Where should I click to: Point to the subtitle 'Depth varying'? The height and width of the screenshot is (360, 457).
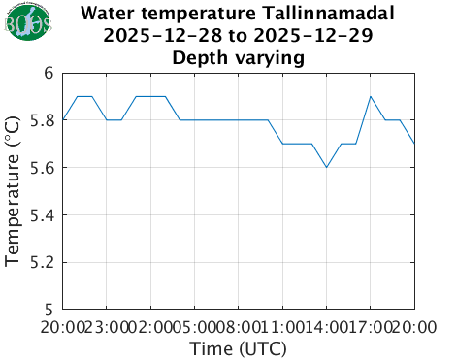(x=239, y=57)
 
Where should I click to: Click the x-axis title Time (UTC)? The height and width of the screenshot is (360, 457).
(x=239, y=347)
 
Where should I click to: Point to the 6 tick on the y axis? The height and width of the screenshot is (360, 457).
(x=49, y=74)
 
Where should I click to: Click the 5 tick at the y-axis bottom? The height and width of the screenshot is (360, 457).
(x=49, y=310)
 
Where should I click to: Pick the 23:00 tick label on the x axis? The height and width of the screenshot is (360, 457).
(x=107, y=326)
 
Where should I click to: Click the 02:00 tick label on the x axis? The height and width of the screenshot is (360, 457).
(x=151, y=326)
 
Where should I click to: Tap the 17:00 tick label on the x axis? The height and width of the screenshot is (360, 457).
(x=371, y=326)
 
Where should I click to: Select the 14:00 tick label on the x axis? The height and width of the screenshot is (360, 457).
(x=327, y=326)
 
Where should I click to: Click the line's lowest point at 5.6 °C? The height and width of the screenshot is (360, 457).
(x=327, y=167)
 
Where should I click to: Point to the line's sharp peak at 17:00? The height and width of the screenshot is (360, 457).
(x=371, y=96)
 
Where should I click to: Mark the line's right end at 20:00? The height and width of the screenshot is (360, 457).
(x=414, y=144)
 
